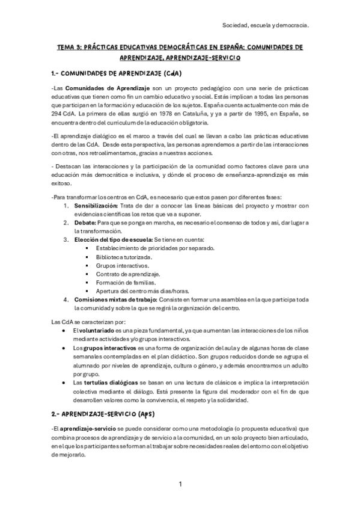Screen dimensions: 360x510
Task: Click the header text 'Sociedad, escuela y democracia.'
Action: click(265, 26)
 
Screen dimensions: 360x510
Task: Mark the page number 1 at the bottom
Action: click(180, 484)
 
